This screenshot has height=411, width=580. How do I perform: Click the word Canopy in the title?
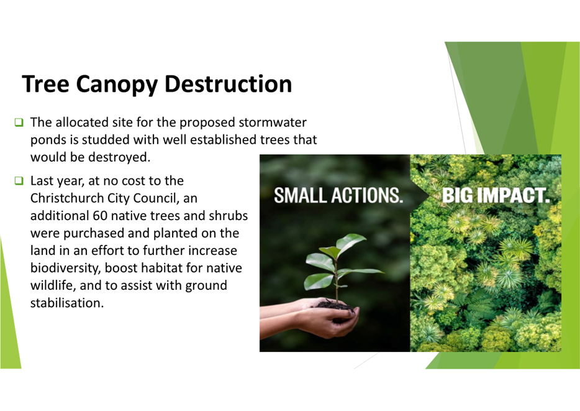(x=117, y=85)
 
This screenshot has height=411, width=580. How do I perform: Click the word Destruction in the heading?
(x=228, y=84)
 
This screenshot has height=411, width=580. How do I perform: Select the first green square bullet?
(x=19, y=122)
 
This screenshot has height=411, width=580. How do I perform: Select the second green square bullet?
(x=19, y=181)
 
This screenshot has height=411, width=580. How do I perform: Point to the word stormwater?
(x=273, y=122)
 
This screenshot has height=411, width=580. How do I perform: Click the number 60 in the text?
(x=100, y=216)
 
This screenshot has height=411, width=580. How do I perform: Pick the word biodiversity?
(x=65, y=268)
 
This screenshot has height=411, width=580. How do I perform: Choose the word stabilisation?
(x=67, y=303)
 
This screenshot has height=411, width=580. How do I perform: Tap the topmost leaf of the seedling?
(x=351, y=241)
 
